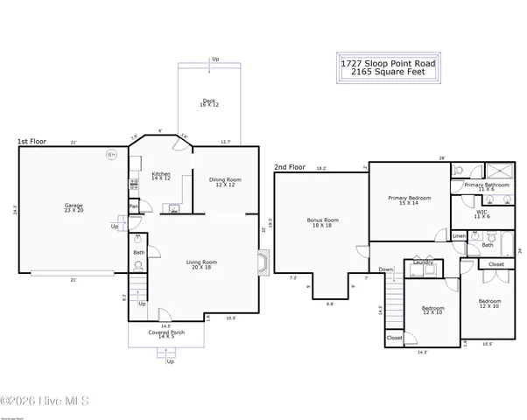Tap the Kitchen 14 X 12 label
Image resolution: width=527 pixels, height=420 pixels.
[x=160, y=176]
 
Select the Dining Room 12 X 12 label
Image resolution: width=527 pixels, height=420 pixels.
[x=224, y=182]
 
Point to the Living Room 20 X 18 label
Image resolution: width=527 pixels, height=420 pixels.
[x=202, y=264]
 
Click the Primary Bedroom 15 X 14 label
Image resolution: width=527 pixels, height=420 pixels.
[x=409, y=200]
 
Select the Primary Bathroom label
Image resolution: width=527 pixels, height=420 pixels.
[x=487, y=185]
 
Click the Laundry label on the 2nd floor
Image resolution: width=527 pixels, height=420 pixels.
[x=424, y=262]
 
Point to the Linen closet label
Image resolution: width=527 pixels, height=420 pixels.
[x=459, y=236]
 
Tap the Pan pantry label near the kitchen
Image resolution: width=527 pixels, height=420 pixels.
[x=133, y=206]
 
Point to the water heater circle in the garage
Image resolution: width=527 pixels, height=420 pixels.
[x=111, y=155]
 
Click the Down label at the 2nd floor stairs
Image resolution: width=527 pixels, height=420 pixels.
[x=386, y=269]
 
